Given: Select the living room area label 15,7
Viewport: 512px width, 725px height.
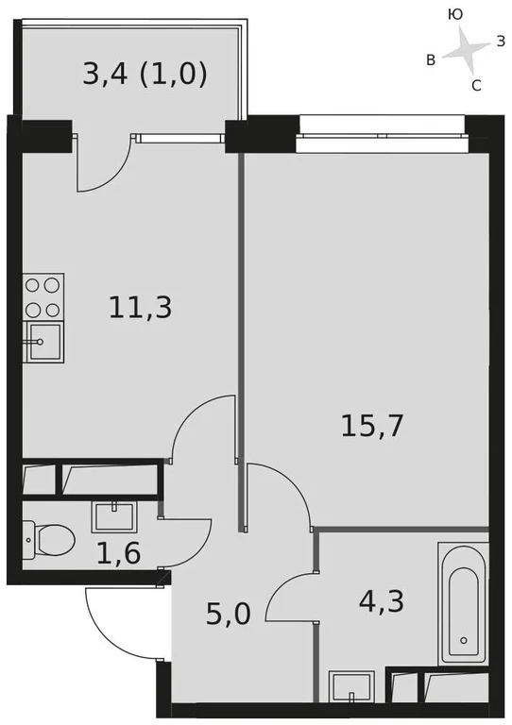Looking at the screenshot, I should pyautogui.click(x=372, y=426).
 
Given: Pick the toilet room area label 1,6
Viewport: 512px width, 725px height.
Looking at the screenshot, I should pyautogui.click(x=118, y=552).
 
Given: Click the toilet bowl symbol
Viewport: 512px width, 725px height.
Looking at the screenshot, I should pyautogui.click(x=49, y=540).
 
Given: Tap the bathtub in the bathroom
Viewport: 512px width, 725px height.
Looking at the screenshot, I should pyautogui.click(x=463, y=604).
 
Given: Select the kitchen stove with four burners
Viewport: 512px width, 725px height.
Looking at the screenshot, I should pyautogui.click(x=43, y=296).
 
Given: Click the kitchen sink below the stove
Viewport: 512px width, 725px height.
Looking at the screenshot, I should pyautogui.click(x=43, y=342).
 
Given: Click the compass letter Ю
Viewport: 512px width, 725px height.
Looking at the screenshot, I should pyautogui.click(x=454, y=14).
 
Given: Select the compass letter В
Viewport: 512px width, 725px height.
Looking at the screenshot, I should pyautogui.click(x=431, y=60).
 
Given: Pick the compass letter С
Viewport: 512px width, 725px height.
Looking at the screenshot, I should pyautogui.click(x=476, y=86).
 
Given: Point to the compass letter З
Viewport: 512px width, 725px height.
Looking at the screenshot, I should pyautogui.click(x=501, y=41).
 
